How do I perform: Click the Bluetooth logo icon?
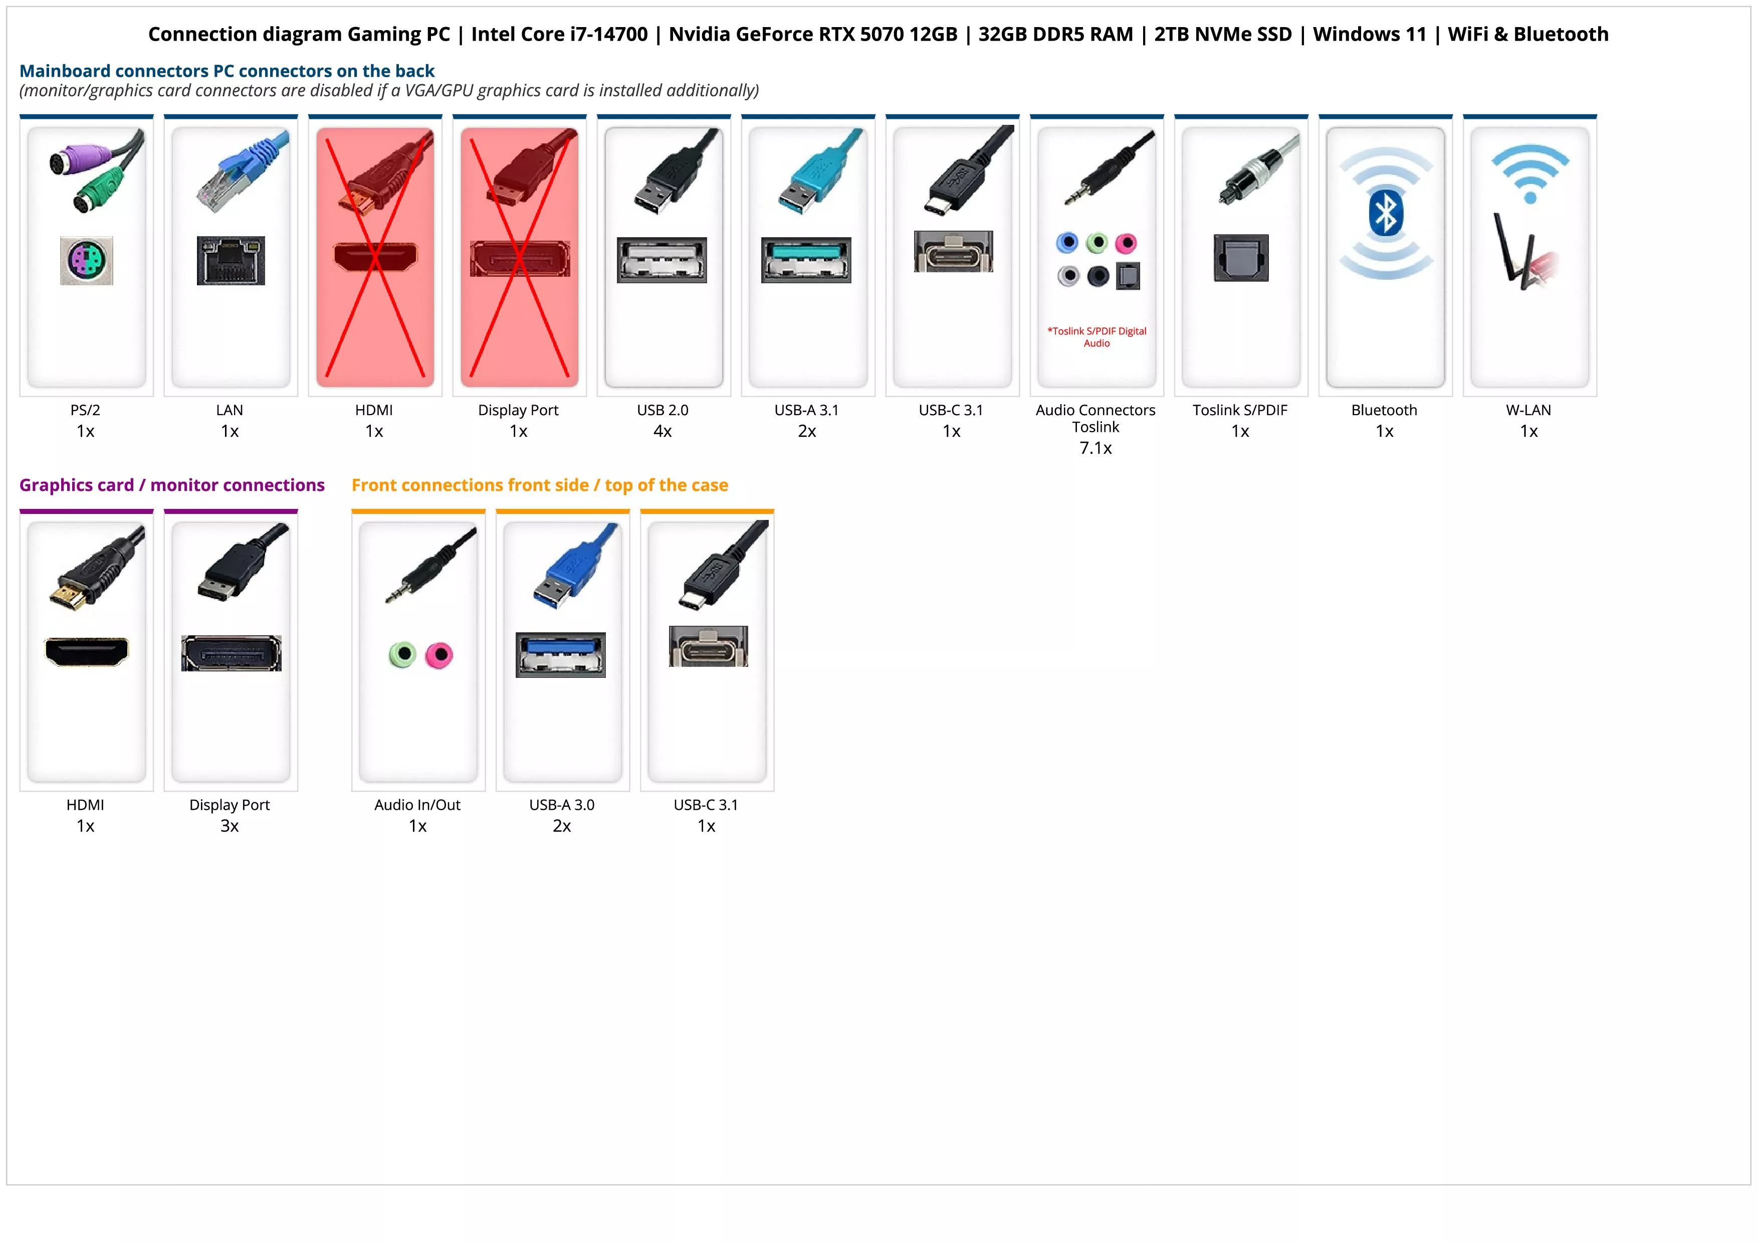[x=1385, y=214]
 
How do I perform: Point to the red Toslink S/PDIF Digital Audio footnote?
[x=1096, y=337]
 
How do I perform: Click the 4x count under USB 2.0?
[x=663, y=431]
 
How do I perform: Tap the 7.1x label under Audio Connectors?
[x=1095, y=448]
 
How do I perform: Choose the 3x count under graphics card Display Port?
[x=230, y=826]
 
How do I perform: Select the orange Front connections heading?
[x=539, y=485]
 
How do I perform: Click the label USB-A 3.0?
[x=561, y=805]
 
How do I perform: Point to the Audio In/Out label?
[x=417, y=805]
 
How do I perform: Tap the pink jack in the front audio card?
[x=438, y=655]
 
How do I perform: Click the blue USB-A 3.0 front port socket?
[x=560, y=655]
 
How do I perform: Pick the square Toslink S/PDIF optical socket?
[x=1240, y=258]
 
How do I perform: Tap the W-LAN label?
[x=1528, y=410]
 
